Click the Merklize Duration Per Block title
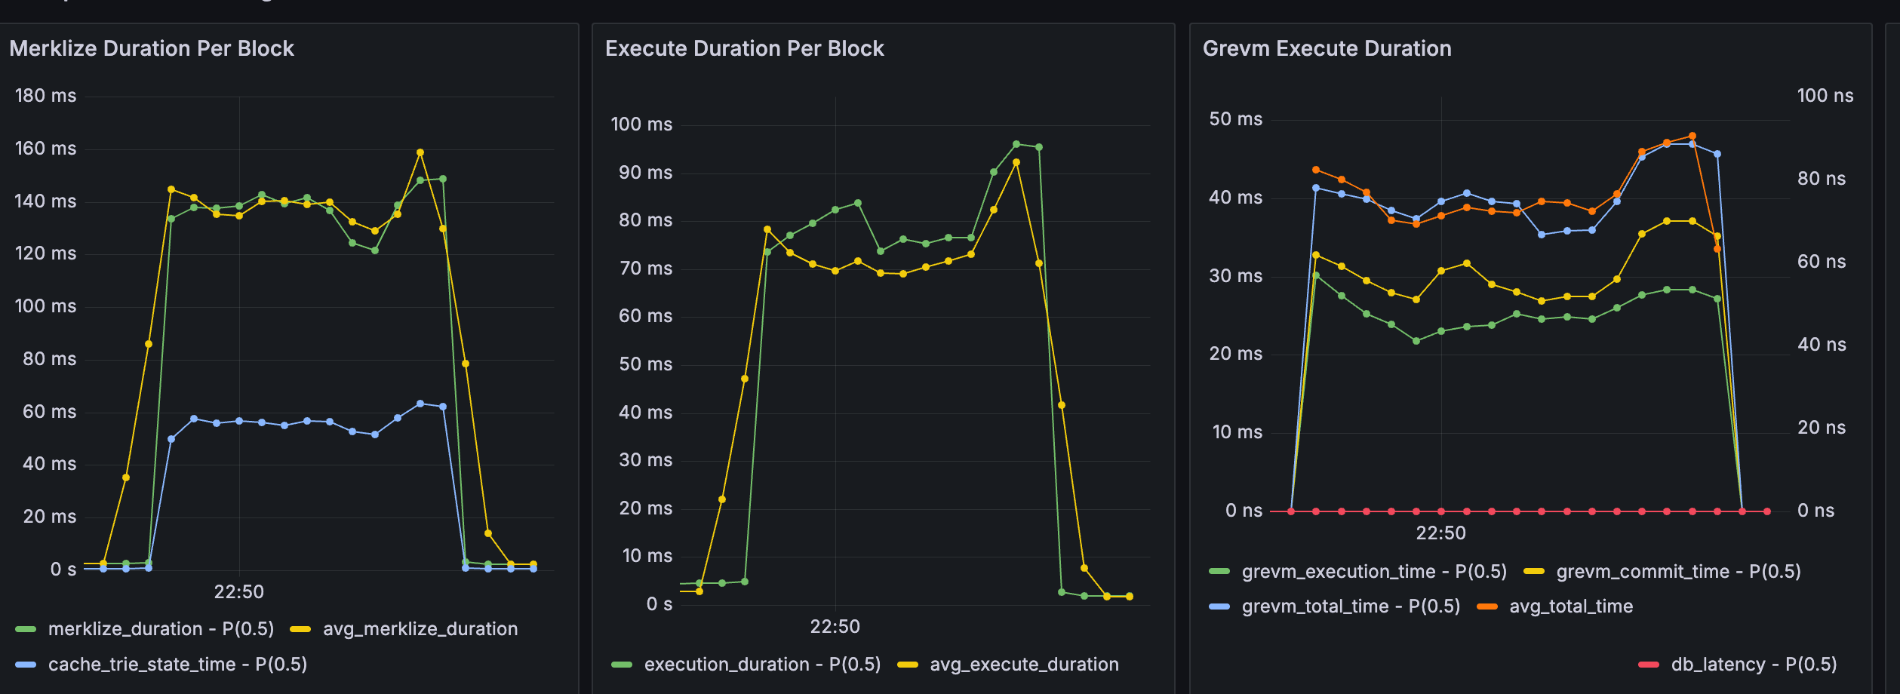point(151,48)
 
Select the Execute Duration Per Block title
point(744,48)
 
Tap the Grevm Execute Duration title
point(1327,48)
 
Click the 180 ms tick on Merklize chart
point(45,96)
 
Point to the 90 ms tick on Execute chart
point(645,173)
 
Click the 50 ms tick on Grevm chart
point(1235,119)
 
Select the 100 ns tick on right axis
point(1825,96)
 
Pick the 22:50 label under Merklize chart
point(238,591)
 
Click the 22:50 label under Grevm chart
point(1440,533)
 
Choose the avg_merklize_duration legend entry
point(420,629)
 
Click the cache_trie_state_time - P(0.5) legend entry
point(177,665)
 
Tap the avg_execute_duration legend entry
point(1023,665)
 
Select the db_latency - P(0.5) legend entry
point(1753,665)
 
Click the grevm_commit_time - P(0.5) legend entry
point(1677,572)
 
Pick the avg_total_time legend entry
point(1570,606)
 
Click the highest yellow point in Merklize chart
point(420,152)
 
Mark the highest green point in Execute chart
point(1016,144)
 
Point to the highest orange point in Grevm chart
point(1692,137)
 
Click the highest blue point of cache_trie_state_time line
point(420,404)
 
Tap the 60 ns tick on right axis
point(1821,262)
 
